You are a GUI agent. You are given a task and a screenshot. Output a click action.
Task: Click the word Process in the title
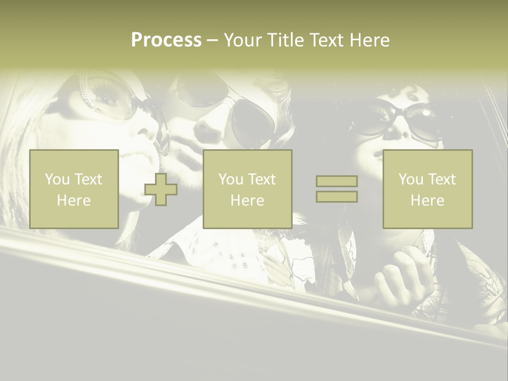pyautogui.click(x=166, y=40)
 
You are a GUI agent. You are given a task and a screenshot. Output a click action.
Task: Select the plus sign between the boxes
pyautogui.click(x=161, y=189)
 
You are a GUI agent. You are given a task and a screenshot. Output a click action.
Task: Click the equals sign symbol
pyautogui.click(x=337, y=189)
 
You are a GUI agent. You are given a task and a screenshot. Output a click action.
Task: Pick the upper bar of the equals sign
pyautogui.click(x=337, y=182)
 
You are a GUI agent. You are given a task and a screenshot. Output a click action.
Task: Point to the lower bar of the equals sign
pyautogui.click(x=337, y=196)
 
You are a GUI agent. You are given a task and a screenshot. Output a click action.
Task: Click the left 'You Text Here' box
pyautogui.click(x=74, y=189)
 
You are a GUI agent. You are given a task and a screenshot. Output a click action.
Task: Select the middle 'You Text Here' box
pyautogui.click(x=247, y=189)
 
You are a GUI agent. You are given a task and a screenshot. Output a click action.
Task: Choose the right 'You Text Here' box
pyautogui.click(x=427, y=189)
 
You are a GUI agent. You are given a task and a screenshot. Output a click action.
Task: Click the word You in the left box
pyautogui.click(x=57, y=179)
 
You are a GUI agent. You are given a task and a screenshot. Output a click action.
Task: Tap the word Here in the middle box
pyautogui.click(x=247, y=201)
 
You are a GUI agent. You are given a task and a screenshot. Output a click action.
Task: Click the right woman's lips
pyautogui.click(x=382, y=155)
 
